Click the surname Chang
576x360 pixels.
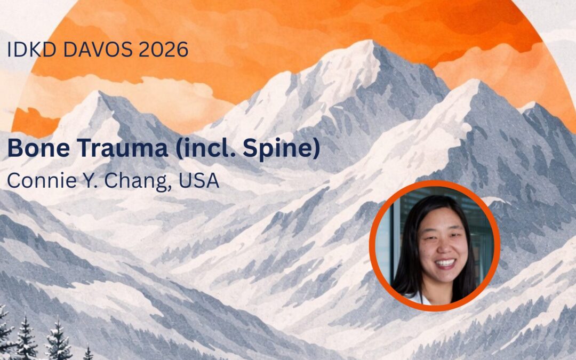tap(132, 180)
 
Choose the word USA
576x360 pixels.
tap(199, 180)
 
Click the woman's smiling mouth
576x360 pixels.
tap(445, 263)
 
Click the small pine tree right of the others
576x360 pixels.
tap(88, 352)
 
